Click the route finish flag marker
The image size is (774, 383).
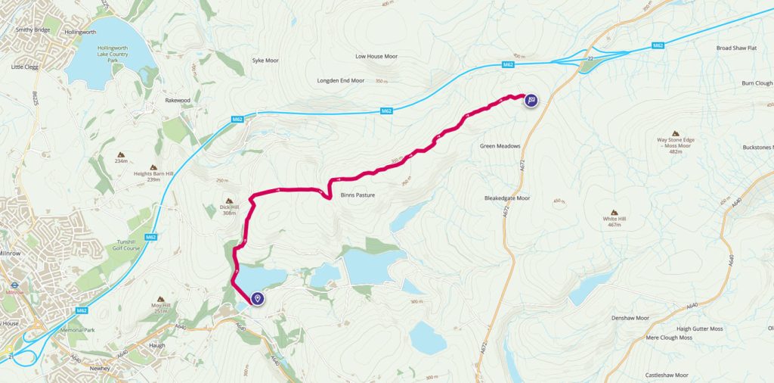pos(531,100)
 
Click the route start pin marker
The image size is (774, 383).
pos(258,300)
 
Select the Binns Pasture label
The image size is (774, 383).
pos(358,195)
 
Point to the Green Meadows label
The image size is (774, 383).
pos(500,146)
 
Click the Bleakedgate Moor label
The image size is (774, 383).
pos(507,198)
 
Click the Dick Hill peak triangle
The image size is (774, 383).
pos(230,201)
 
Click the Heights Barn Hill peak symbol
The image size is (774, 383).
pos(153,167)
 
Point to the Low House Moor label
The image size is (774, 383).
pos(376,56)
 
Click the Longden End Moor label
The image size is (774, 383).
pos(341,80)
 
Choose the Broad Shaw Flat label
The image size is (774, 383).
pos(737,48)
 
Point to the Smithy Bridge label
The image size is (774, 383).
pos(33,30)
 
